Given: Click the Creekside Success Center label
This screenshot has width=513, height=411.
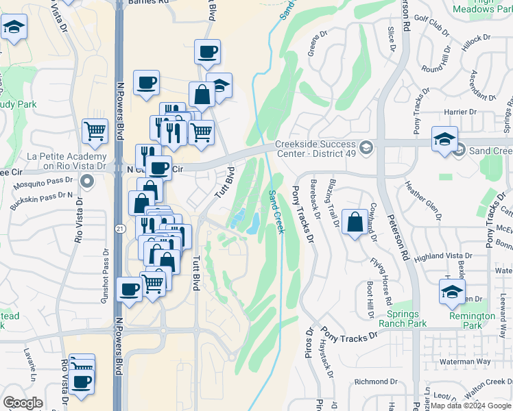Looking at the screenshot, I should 315,148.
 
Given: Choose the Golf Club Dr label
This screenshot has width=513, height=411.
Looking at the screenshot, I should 431,32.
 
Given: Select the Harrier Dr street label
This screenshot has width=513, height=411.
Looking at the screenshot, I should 460,111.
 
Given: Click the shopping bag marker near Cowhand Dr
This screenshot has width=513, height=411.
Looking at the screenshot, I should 355,223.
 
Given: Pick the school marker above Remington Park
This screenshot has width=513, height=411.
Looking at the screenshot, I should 452,292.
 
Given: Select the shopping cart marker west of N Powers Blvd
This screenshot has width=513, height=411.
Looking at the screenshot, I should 95,130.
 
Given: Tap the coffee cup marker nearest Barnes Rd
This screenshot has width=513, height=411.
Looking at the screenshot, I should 207,52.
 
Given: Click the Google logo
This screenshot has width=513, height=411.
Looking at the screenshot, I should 23,403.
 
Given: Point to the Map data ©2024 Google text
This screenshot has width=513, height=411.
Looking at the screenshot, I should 470,406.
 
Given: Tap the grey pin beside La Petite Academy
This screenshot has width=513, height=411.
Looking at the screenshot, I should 86,182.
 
